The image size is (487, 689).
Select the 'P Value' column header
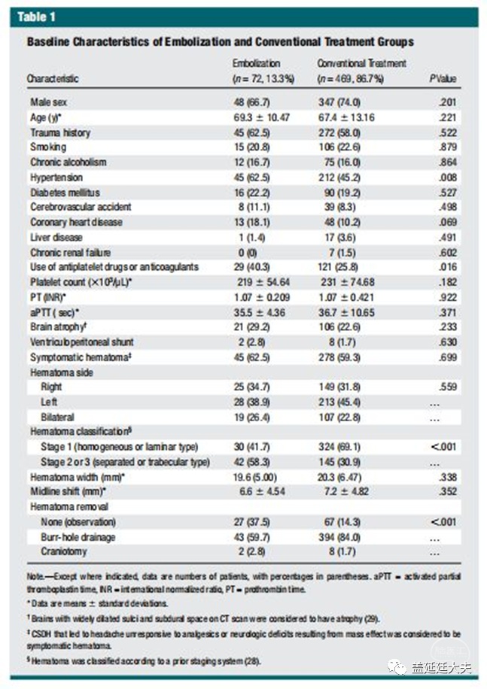pos(443,78)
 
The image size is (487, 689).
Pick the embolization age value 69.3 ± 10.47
pos(262,117)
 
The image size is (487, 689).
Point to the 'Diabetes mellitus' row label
pos(65,192)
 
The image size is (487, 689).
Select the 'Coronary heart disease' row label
pos(76,222)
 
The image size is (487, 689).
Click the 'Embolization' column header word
pos(256,64)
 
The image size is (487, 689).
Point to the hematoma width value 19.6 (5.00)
pos(258,476)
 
